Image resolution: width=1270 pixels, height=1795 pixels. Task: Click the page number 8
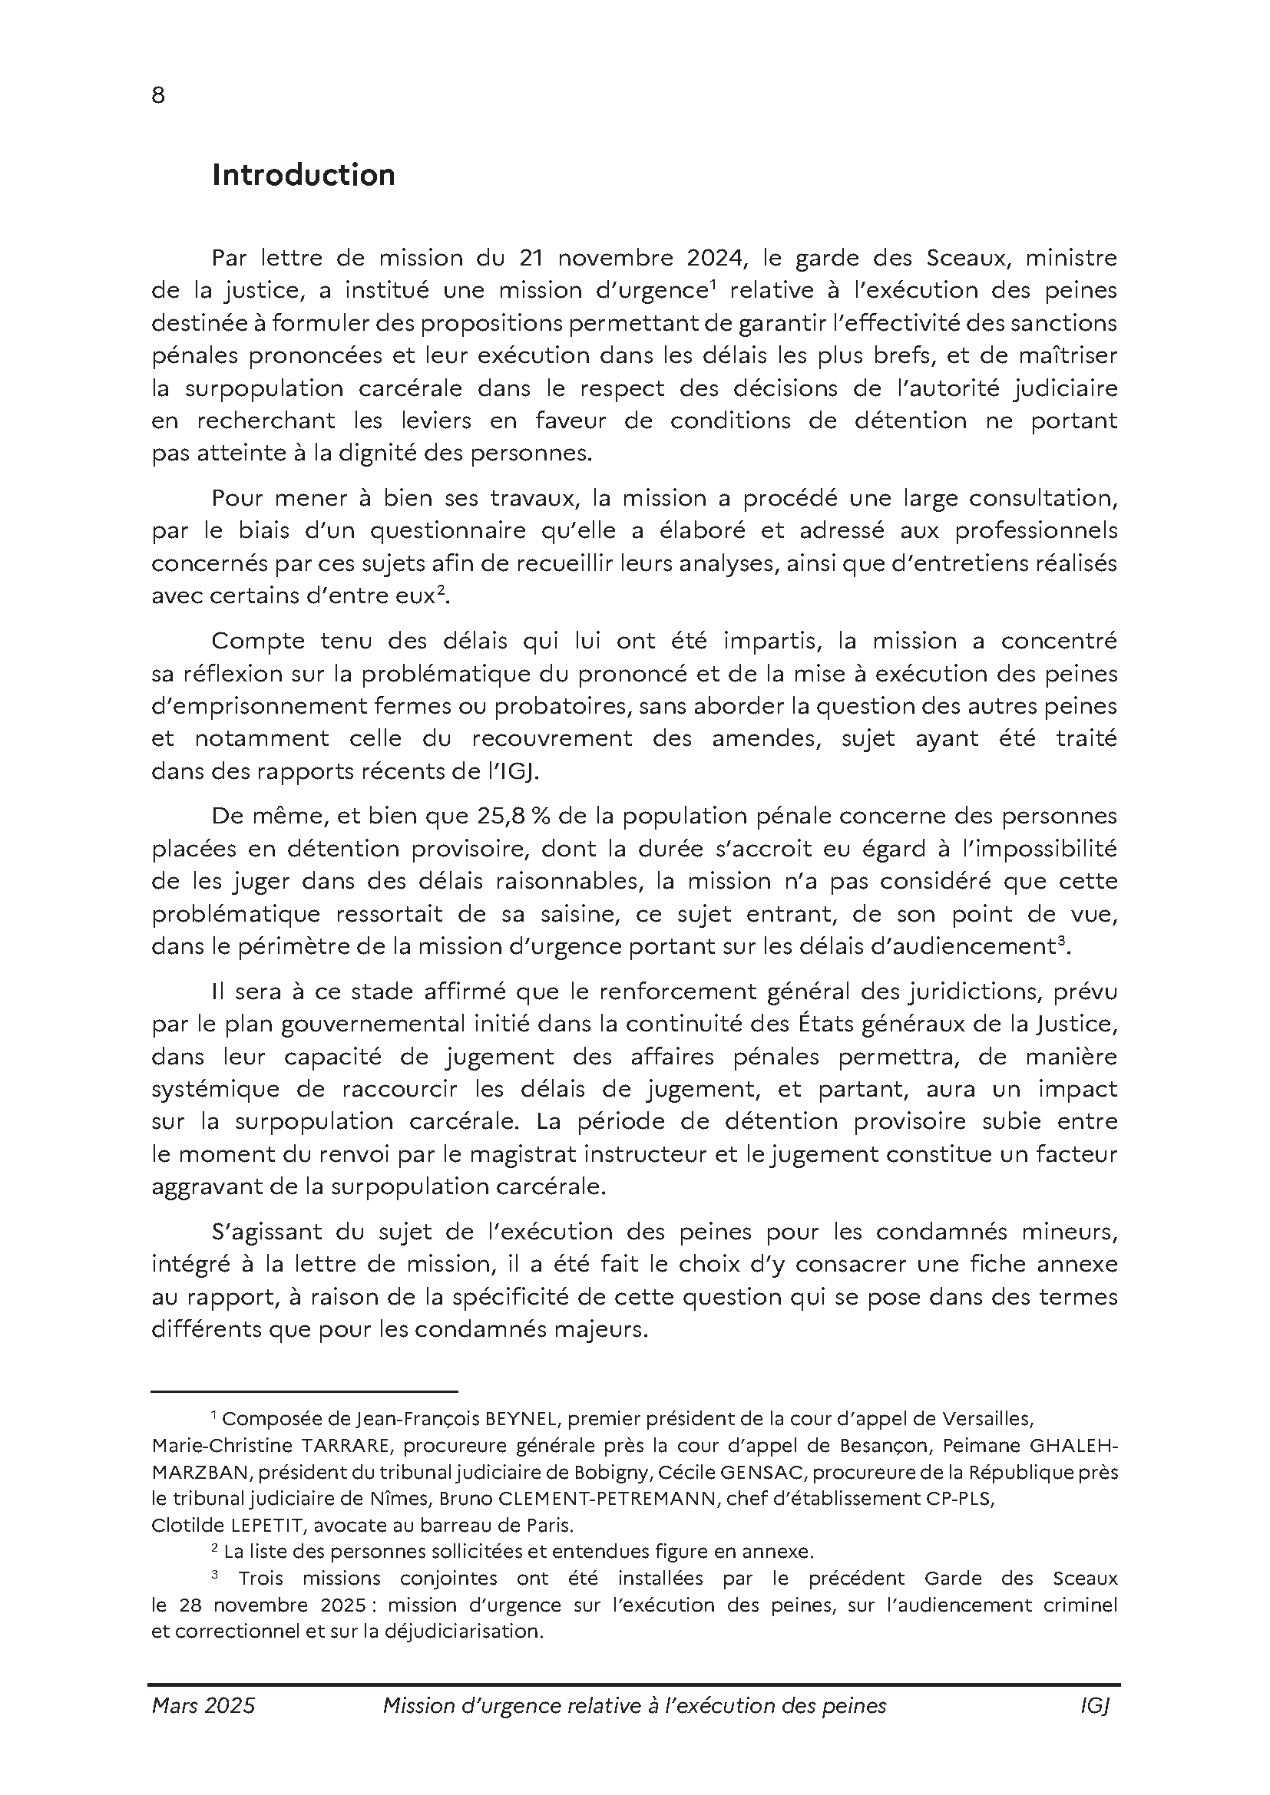coord(158,95)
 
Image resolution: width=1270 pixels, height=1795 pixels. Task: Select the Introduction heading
coord(303,175)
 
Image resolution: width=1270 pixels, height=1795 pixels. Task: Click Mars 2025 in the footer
coord(203,1706)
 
